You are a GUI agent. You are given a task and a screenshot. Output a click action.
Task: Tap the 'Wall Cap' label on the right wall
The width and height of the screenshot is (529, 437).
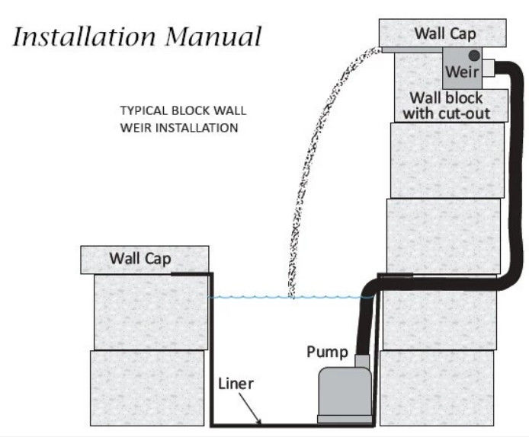[445, 33]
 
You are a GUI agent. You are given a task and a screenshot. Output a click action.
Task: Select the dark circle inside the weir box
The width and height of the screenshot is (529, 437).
[473, 56]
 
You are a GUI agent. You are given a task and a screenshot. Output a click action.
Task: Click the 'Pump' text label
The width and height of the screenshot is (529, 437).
[327, 352]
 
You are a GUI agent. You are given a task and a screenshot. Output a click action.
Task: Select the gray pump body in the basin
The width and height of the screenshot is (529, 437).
[342, 390]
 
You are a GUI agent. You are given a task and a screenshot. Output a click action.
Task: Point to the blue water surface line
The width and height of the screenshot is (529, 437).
[252, 297]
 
